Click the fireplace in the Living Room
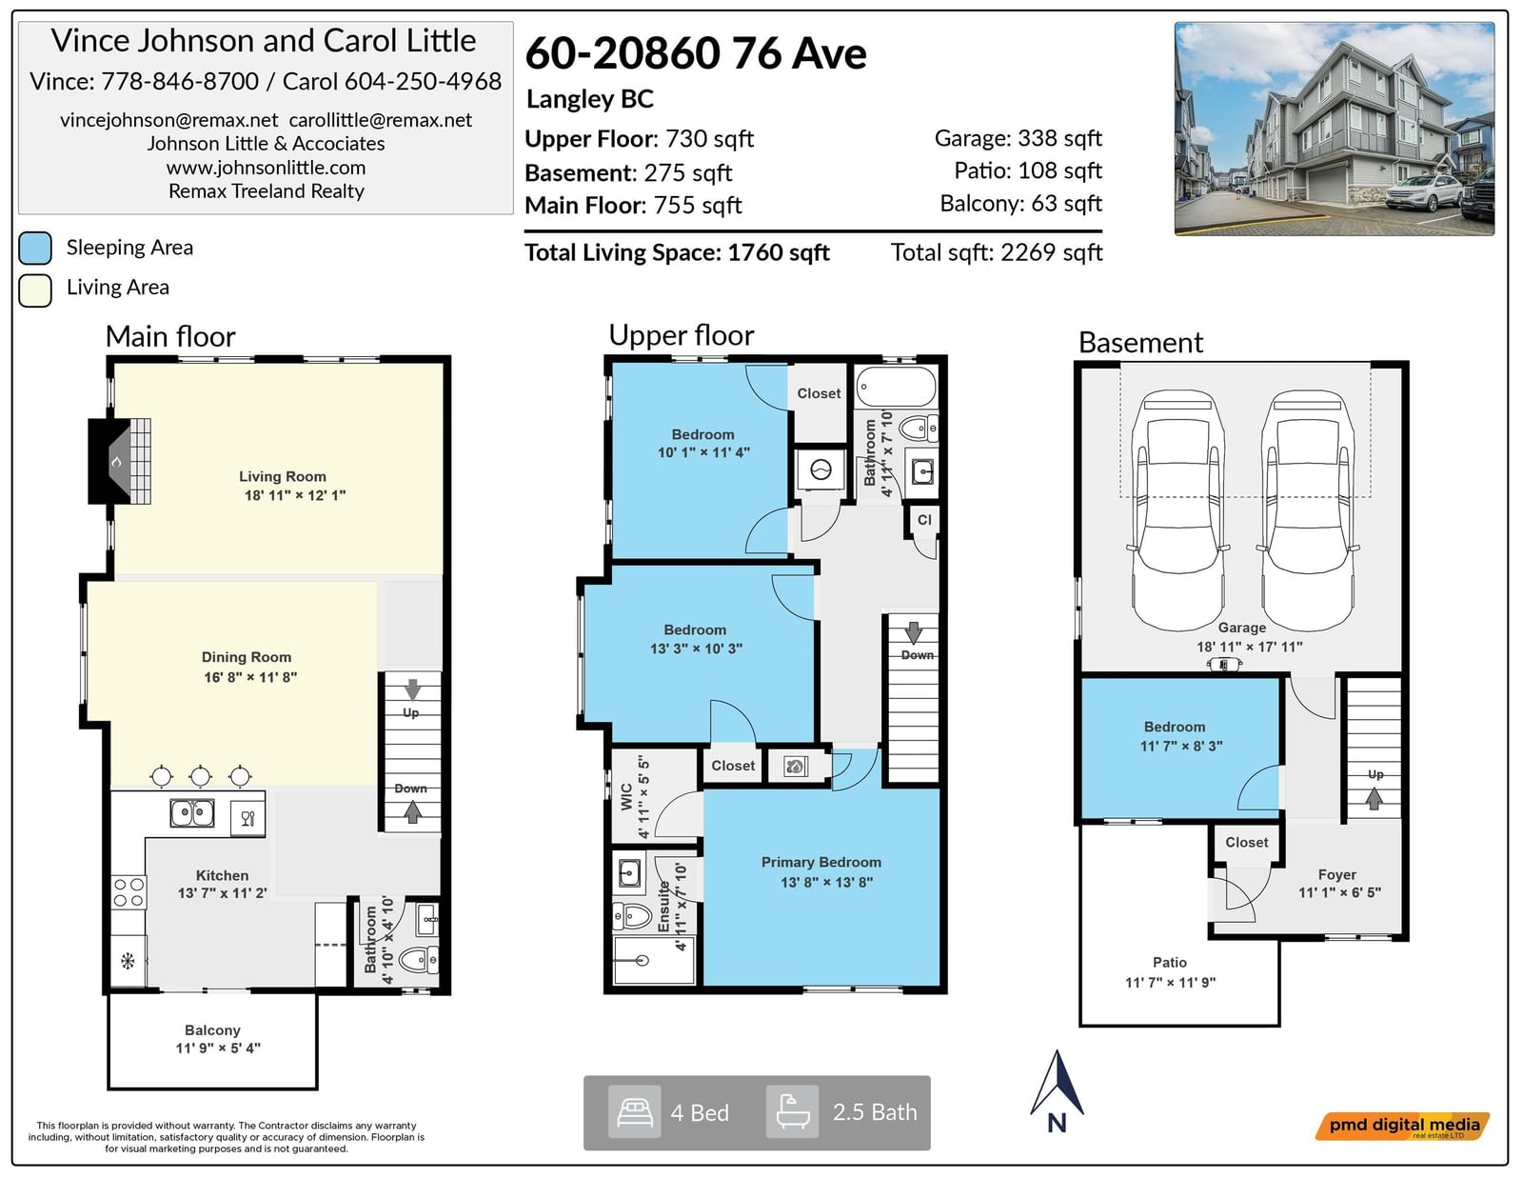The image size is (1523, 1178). [x=119, y=461]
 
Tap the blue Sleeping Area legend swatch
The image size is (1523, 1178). [x=35, y=249]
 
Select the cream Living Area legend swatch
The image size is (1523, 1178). [x=35, y=290]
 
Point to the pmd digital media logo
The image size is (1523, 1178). [x=1402, y=1127]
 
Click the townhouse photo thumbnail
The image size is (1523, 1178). [x=1335, y=129]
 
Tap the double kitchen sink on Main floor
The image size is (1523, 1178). [x=192, y=813]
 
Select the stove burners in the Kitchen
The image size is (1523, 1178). [x=129, y=892]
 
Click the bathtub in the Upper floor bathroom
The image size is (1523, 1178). [x=896, y=387]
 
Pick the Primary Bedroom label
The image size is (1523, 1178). [x=821, y=862]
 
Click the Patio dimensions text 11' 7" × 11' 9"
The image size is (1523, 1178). [x=1170, y=983]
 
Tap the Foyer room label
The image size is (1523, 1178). [x=1336, y=874]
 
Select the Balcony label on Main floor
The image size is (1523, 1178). [x=212, y=1030]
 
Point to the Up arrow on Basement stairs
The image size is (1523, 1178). [x=1375, y=798]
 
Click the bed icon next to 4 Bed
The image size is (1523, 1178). [x=634, y=1112]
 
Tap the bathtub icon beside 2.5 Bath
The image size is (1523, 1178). [x=792, y=1112]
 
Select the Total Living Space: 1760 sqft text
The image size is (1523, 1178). [x=677, y=252]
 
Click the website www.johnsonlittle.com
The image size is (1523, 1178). [x=267, y=168]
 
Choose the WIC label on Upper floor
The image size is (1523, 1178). [x=627, y=796]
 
